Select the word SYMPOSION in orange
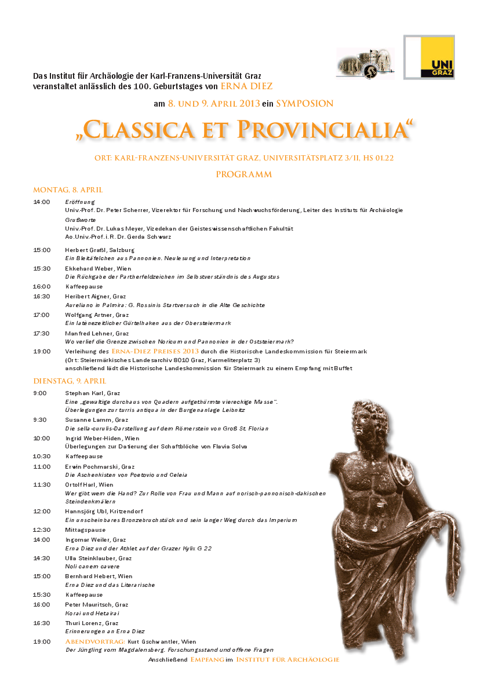pyautogui.click(x=304, y=104)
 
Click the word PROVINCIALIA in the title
pyautogui.click(x=326, y=130)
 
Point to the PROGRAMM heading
pyautogui.click(x=243, y=174)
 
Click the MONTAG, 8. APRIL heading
pyautogui.click(x=68, y=190)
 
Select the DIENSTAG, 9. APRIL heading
pyautogui.click(x=70, y=381)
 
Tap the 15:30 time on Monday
pyautogui.click(x=42, y=268)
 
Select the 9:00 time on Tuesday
pyautogui.click(x=40, y=393)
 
